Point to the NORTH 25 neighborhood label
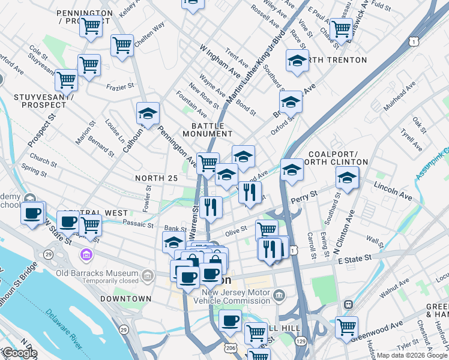point(157,178)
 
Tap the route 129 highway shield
point(300,341)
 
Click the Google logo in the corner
point(19,353)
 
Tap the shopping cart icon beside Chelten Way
point(122,44)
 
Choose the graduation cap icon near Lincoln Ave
point(346,176)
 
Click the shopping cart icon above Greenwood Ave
point(346,326)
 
